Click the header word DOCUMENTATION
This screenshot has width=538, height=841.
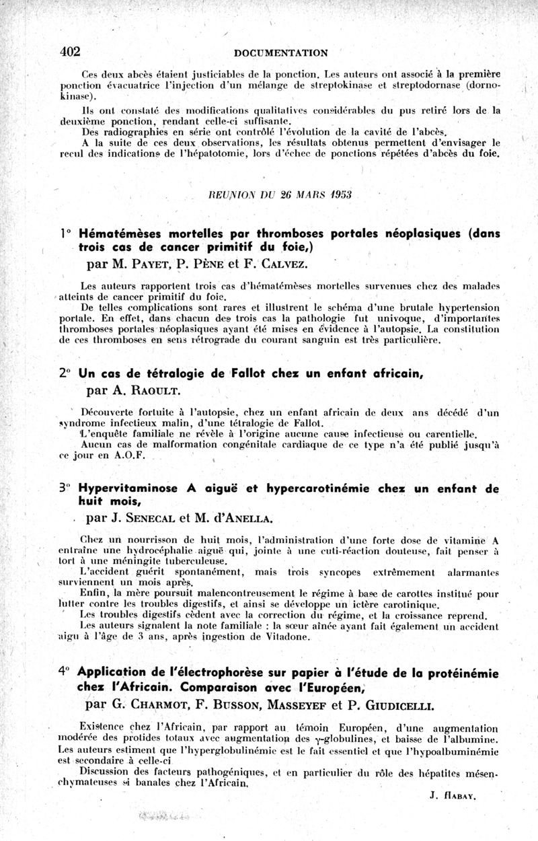pos(281,52)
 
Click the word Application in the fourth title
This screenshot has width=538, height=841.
pos(112,671)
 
